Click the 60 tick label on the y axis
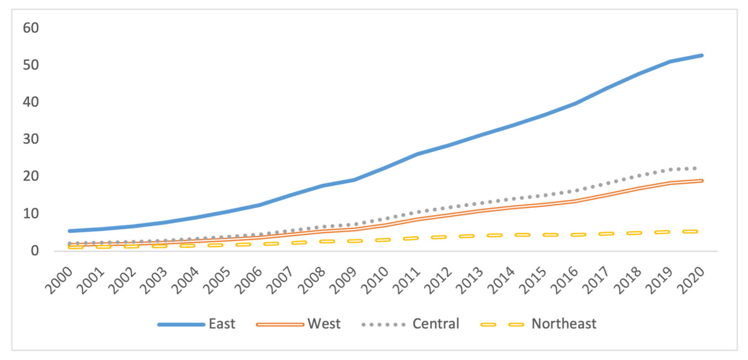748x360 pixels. point(31,28)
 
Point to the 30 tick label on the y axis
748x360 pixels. point(31,139)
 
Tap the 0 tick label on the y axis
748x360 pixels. point(35,251)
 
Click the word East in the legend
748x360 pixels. point(222,324)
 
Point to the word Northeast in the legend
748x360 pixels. point(564,324)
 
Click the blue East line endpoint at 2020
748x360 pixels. point(702,55)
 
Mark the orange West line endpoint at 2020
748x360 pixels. point(702,181)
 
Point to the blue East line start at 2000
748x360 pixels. point(70,231)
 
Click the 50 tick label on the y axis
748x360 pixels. point(31,65)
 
